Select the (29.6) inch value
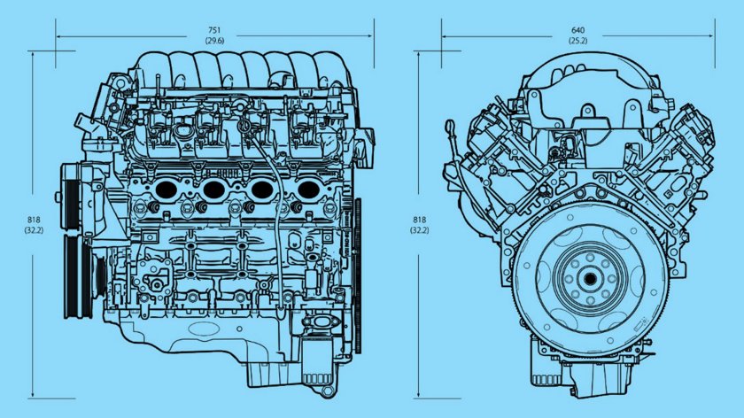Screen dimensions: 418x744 214,41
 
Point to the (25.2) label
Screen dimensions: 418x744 577,41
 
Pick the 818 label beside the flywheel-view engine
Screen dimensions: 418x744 419,220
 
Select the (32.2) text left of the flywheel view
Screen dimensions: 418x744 419,230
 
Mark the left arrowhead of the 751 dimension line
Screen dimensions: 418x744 58,36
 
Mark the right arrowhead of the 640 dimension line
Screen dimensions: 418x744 710,36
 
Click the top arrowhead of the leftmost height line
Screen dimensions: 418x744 34,56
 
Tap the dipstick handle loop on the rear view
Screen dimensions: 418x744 451,134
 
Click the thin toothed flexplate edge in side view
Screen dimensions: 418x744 358,275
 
